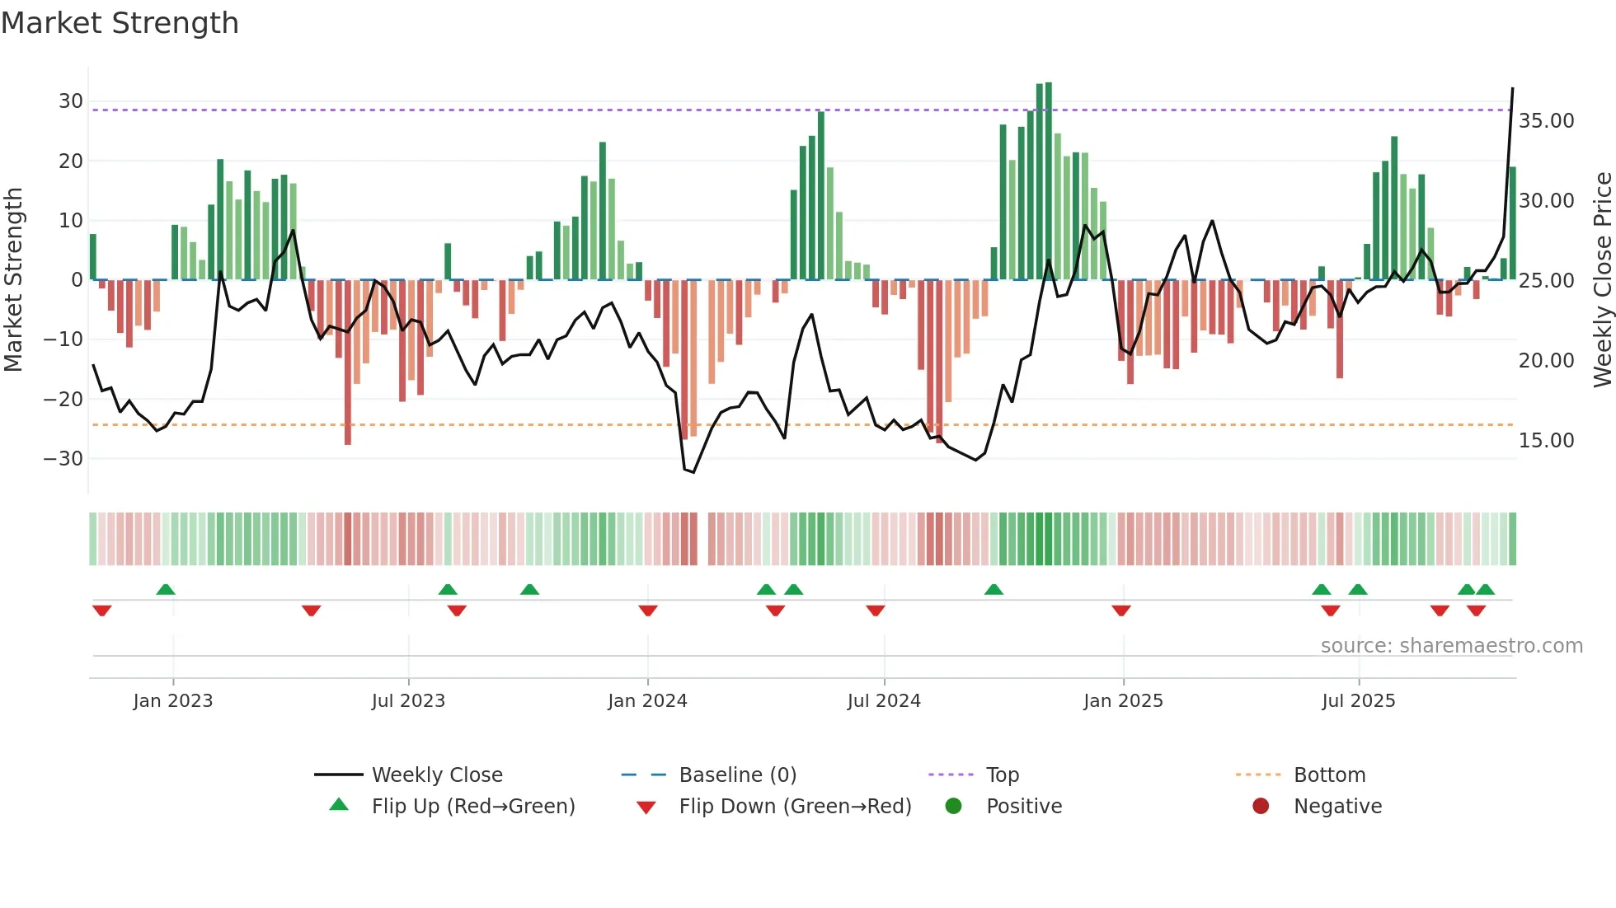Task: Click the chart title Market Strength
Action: [x=120, y=23]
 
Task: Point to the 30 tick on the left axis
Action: [x=71, y=101]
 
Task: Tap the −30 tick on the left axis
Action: [x=64, y=458]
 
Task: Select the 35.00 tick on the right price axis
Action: [x=1546, y=121]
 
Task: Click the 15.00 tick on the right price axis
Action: [x=1546, y=441]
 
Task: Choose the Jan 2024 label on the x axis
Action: [x=647, y=701]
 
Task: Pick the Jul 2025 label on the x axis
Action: [x=1358, y=701]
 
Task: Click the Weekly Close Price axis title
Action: [x=1602, y=280]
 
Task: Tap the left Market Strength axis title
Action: [x=13, y=280]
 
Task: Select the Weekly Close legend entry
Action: [x=437, y=775]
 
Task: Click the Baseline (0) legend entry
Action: [x=737, y=775]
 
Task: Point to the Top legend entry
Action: [x=1003, y=775]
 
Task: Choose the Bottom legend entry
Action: [x=1329, y=775]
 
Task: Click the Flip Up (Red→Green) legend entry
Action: [x=472, y=807]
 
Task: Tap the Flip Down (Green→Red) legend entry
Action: [x=795, y=807]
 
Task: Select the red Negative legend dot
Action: [x=1261, y=806]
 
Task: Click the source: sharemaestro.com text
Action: [x=1451, y=646]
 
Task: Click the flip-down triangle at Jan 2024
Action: [x=648, y=611]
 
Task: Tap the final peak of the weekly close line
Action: [x=1512, y=88]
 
